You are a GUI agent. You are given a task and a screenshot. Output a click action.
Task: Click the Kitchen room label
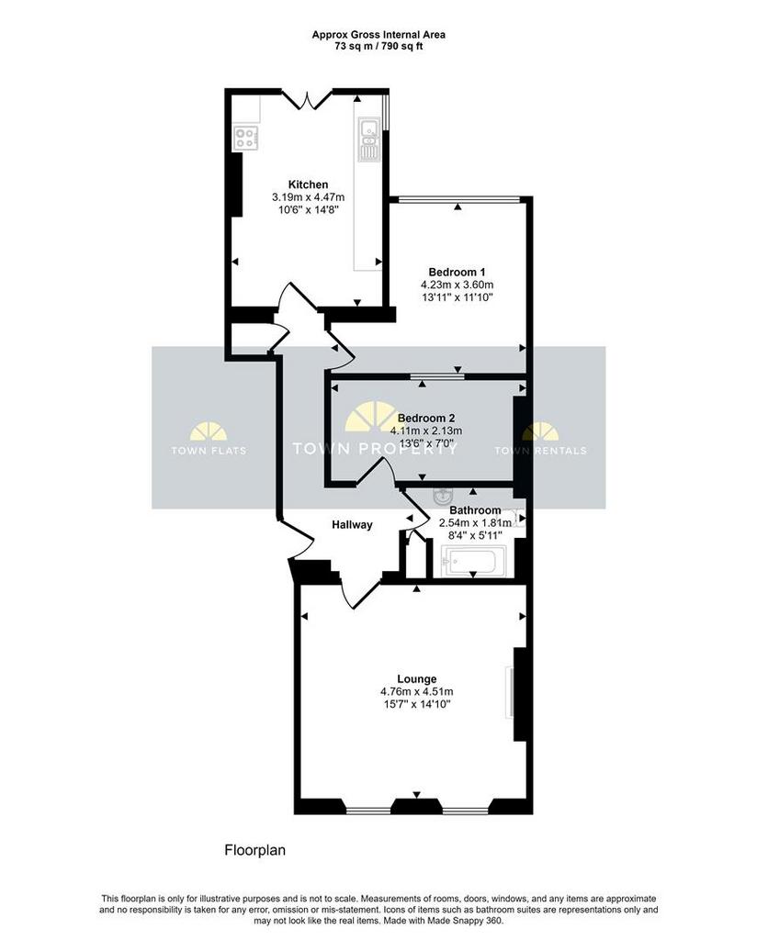click(309, 184)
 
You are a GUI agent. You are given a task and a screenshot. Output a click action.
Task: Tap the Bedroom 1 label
click(458, 272)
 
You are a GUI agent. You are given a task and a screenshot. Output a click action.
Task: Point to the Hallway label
click(352, 524)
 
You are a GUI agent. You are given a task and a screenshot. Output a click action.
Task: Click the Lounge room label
click(417, 679)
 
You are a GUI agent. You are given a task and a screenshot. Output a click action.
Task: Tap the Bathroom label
click(475, 510)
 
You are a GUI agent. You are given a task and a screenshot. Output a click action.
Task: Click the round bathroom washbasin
click(443, 496)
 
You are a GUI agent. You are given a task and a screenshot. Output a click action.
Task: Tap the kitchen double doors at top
click(307, 99)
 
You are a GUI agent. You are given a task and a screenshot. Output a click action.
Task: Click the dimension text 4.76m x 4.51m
click(417, 692)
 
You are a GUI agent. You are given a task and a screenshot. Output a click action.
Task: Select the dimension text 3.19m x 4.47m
click(309, 196)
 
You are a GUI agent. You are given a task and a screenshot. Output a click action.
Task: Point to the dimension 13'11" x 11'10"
click(458, 297)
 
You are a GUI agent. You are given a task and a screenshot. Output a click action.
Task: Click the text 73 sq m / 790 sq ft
click(378, 46)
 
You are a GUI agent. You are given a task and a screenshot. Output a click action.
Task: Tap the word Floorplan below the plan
click(254, 850)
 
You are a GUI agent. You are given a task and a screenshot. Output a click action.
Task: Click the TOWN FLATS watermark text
click(209, 451)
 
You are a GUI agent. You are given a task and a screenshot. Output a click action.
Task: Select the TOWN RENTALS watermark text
click(540, 451)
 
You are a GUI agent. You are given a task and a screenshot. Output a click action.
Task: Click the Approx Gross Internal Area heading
click(378, 35)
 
